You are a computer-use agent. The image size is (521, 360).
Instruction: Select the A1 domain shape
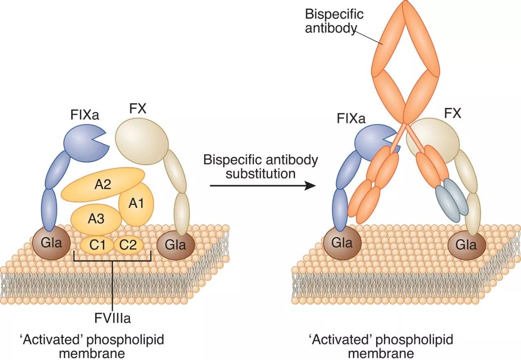point(136,204)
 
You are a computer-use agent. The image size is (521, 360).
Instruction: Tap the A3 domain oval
point(96,220)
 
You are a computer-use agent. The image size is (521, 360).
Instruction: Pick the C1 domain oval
point(97,245)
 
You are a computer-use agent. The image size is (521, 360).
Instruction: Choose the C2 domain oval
point(128,245)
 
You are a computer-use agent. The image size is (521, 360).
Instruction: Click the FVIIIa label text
point(113,318)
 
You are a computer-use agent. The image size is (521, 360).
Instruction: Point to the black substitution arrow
point(263,185)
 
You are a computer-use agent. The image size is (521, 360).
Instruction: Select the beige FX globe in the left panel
point(142,141)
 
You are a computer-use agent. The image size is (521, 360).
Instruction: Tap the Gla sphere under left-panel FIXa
point(51,243)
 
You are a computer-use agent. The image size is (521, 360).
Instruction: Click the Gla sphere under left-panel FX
point(175,245)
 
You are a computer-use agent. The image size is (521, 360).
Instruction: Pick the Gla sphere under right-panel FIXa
point(342,243)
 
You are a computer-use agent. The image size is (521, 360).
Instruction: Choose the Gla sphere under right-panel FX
point(466,245)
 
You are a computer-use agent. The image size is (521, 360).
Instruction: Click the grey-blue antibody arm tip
point(452,200)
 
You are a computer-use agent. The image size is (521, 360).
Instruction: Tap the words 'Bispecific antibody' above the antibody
point(334,21)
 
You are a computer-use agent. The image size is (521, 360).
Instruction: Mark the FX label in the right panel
point(453,114)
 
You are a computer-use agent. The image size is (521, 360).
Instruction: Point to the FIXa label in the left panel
point(85,115)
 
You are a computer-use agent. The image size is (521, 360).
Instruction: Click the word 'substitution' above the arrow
point(261,173)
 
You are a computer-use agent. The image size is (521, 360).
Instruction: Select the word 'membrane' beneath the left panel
point(92,353)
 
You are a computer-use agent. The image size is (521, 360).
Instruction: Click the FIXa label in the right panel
point(351,119)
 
